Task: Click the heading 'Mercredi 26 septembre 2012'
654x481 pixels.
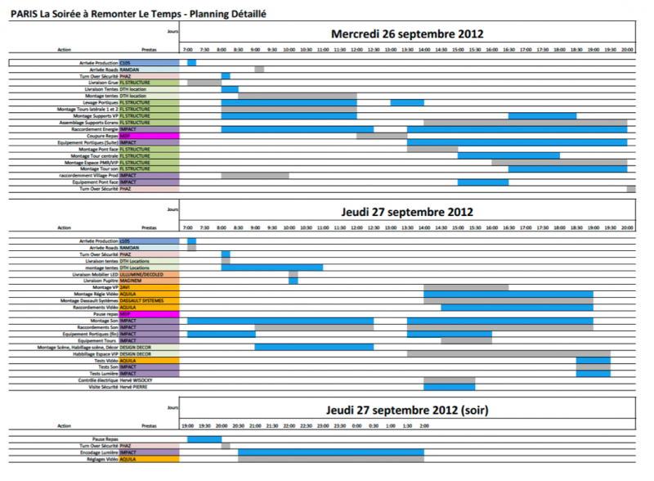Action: coord(407,34)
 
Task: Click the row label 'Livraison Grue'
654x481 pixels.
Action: coord(102,83)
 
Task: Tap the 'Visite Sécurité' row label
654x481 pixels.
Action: coord(103,387)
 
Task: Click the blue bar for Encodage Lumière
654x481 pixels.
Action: coord(330,452)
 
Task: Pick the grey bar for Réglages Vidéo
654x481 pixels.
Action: coord(330,460)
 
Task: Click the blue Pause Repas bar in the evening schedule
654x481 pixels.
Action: coord(204,439)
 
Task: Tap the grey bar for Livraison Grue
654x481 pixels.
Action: coord(204,83)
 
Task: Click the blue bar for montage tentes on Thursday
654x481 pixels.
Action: coord(271,267)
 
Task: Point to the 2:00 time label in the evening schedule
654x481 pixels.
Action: coord(423,426)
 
